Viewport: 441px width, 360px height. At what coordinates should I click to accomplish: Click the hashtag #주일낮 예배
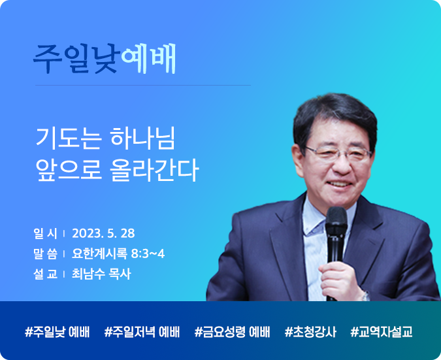[x=57, y=332]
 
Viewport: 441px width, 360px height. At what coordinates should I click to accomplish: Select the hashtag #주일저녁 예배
[x=142, y=332]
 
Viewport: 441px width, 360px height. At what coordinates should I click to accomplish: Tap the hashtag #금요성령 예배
[x=232, y=332]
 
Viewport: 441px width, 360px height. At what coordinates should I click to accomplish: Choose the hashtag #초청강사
[x=310, y=332]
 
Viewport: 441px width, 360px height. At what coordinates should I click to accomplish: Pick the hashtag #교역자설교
[x=382, y=332]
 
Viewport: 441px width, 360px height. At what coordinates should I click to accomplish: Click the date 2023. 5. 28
[x=103, y=233]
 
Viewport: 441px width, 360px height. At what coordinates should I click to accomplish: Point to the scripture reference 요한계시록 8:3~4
[x=118, y=254]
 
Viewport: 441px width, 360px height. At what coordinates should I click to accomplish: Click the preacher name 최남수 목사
[x=101, y=274]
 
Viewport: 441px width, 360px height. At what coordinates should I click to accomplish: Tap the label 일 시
[x=45, y=233]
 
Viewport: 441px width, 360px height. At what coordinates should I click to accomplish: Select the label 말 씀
[x=45, y=254]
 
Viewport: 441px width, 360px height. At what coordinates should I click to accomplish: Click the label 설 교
[x=45, y=274]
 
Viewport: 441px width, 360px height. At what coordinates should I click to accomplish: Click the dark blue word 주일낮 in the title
[x=75, y=59]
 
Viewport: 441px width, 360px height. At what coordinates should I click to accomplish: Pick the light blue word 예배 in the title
[x=148, y=59]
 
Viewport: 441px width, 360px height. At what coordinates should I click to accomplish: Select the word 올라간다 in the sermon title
[x=154, y=170]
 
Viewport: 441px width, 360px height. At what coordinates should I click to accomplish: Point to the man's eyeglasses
[x=339, y=154]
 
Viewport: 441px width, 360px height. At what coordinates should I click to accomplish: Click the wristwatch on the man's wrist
[x=365, y=296]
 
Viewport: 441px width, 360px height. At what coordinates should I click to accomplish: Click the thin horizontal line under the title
[x=143, y=85]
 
